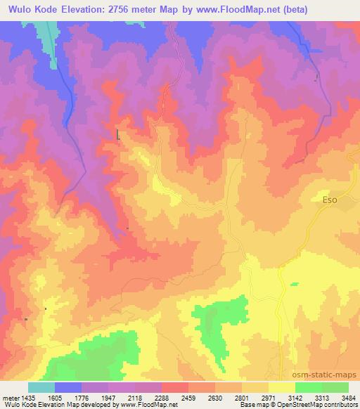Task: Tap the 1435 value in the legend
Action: (x=27, y=397)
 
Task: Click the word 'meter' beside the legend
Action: (x=10, y=397)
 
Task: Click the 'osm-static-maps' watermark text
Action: (x=326, y=375)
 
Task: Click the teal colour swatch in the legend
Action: (x=41, y=387)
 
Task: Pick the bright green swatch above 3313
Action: (x=308, y=387)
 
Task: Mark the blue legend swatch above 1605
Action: (x=68, y=387)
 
